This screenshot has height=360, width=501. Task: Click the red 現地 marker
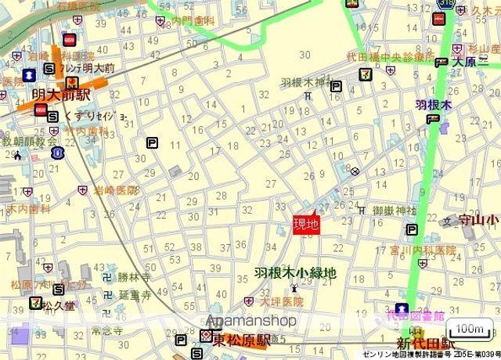[x=306, y=225]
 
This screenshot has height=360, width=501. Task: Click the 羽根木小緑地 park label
[x=295, y=273]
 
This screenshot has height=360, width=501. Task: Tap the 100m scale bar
[x=470, y=329]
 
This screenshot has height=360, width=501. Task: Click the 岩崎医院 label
[x=116, y=190]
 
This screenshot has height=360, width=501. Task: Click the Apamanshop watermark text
[x=250, y=322]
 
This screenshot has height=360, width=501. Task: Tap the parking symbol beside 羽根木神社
[x=337, y=87]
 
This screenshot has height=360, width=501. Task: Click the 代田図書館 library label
[x=415, y=316]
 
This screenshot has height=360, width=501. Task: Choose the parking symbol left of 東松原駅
[x=182, y=341]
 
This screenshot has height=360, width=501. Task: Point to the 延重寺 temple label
[x=134, y=295]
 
